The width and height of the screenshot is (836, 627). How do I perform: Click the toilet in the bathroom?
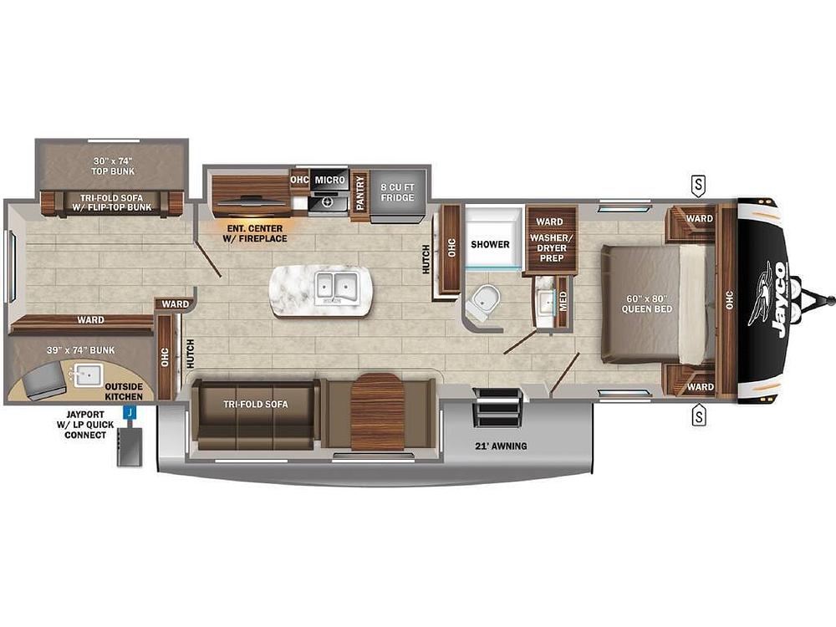click(482, 302)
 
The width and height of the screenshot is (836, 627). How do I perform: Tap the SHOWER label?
click(490, 244)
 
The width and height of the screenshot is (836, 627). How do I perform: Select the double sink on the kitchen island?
click(336, 288)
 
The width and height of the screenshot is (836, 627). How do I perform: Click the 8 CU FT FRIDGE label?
click(397, 192)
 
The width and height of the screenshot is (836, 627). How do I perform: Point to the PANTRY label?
click(359, 194)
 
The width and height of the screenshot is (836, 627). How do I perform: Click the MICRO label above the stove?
click(329, 181)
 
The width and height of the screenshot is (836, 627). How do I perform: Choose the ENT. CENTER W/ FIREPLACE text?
click(255, 233)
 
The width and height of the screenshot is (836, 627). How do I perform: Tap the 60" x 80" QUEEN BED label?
click(647, 304)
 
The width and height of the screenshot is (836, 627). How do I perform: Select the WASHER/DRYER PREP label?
click(551, 248)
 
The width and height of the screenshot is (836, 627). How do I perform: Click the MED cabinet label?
click(563, 301)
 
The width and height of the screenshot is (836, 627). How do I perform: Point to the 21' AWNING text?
click(501, 446)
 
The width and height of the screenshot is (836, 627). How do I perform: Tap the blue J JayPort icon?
click(130, 412)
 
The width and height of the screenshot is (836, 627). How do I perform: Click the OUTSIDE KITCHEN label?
click(124, 391)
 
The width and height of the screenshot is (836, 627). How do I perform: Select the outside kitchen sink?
click(88, 375)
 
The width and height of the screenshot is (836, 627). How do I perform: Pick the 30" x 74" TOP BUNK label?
click(113, 166)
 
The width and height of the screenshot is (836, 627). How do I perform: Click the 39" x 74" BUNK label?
click(80, 350)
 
